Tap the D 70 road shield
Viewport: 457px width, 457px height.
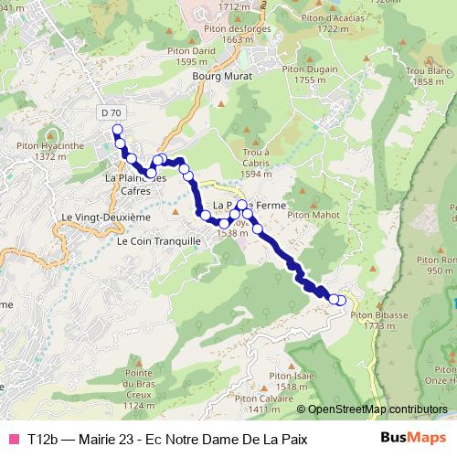[111, 112]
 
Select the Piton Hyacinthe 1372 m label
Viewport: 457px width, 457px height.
[45, 151]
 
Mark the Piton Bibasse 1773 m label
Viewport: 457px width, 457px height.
[384, 320]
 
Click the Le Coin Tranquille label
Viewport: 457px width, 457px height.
[159, 241]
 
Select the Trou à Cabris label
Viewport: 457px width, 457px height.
[256, 162]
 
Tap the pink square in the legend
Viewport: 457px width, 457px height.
[14, 440]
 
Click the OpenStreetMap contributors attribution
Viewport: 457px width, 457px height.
[377, 409]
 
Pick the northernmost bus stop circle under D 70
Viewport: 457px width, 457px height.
[117, 130]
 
